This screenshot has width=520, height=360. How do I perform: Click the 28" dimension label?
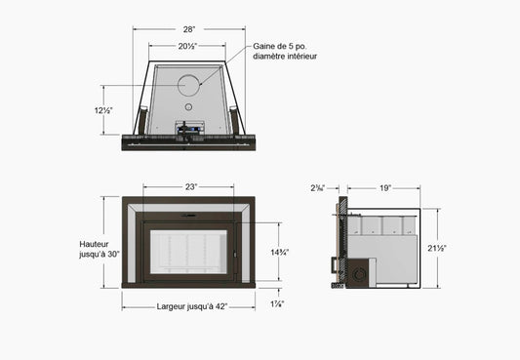[x=189, y=29]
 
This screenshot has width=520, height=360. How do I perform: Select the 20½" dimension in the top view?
[x=187, y=46]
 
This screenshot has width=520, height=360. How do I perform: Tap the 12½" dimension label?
[x=103, y=110]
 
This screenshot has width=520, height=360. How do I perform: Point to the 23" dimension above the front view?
[x=191, y=187]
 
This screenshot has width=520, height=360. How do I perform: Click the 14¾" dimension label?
[x=280, y=253]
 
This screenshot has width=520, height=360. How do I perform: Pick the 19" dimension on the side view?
[x=385, y=188]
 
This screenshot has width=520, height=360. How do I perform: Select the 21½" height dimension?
[x=437, y=248]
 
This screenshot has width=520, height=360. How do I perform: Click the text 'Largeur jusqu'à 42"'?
[x=192, y=306]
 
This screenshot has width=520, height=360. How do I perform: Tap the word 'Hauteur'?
[x=94, y=244]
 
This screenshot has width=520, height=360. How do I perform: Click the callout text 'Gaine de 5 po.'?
[x=280, y=46]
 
